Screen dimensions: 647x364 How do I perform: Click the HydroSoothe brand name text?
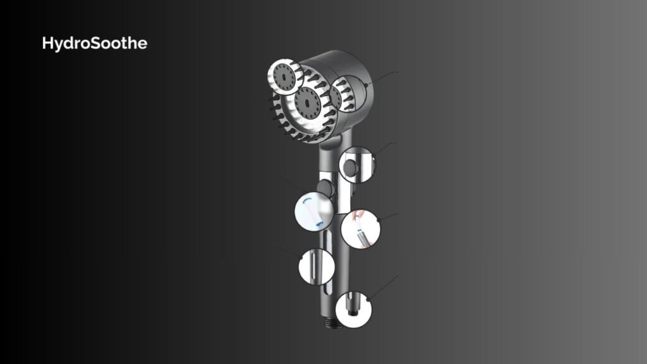(x=95, y=44)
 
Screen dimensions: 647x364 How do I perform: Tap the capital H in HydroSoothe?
(x=47, y=43)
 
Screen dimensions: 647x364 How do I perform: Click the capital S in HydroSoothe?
(x=97, y=44)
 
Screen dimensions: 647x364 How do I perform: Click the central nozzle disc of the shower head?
(x=308, y=102)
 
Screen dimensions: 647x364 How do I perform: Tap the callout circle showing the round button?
(x=358, y=165)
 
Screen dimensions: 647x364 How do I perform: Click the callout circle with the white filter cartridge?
(x=313, y=212)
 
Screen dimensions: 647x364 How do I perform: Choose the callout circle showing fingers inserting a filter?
(x=360, y=229)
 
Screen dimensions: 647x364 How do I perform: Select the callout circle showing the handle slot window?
(x=317, y=267)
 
